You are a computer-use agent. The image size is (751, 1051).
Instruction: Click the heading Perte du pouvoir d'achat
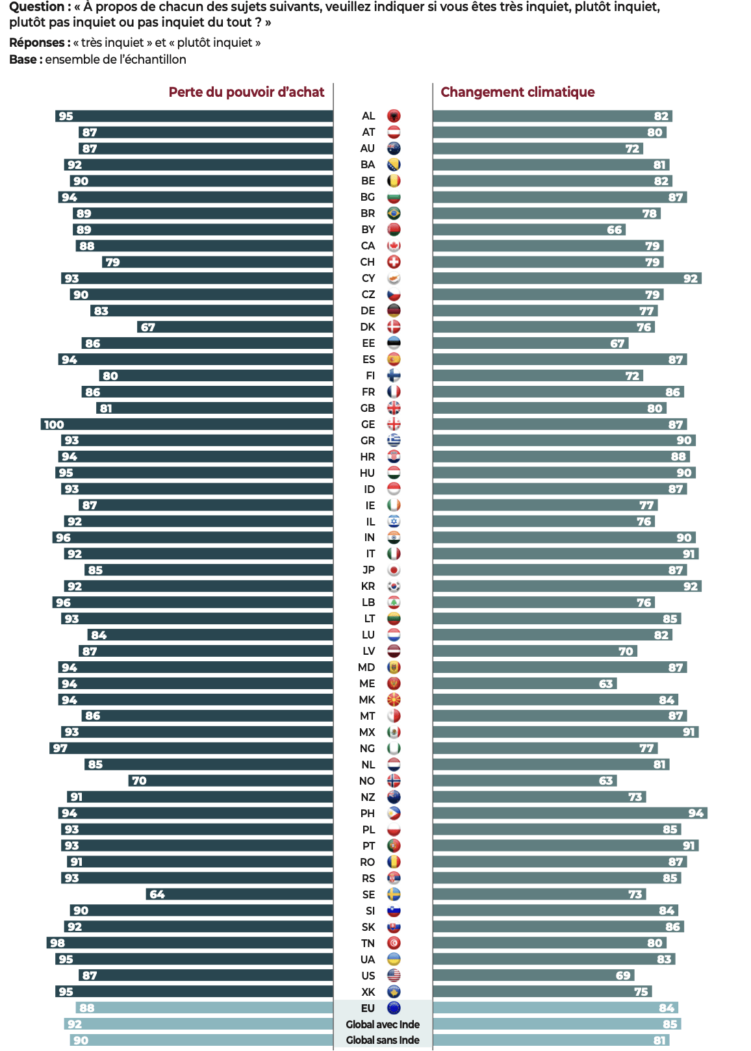pyautogui.click(x=246, y=92)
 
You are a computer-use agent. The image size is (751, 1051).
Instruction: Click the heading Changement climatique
pyautogui.click(x=517, y=92)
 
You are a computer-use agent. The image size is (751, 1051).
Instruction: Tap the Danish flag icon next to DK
pyautogui.click(x=394, y=327)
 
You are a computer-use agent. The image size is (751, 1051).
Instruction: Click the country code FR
pyautogui.click(x=368, y=392)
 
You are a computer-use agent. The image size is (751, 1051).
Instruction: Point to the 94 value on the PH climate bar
pyautogui.click(x=696, y=813)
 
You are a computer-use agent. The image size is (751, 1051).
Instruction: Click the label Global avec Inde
pyautogui.click(x=383, y=1024)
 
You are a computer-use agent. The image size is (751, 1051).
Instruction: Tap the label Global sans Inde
pyautogui.click(x=383, y=1040)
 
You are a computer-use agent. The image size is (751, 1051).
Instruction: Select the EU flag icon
pyautogui.click(x=394, y=1008)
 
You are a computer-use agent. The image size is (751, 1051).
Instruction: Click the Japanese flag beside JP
pyautogui.click(x=394, y=570)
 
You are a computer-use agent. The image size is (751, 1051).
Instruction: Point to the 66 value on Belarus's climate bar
pyautogui.click(x=615, y=230)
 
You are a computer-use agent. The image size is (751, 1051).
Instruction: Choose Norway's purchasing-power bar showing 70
pyautogui.click(x=231, y=781)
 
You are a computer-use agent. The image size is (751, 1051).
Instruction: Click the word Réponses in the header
pyautogui.click(x=37, y=43)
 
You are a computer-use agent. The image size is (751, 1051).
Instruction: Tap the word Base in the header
pyautogui.click(x=23, y=60)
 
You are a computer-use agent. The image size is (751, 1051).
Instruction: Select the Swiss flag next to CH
pyautogui.click(x=394, y=262)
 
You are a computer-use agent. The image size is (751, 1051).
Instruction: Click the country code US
pyautogui.click(x=368, y=976)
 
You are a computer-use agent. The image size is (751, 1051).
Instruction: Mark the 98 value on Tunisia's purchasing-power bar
pyautogui.click(x=57, y=943)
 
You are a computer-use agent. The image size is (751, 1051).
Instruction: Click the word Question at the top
pyautogui.click(x=36, y=7)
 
